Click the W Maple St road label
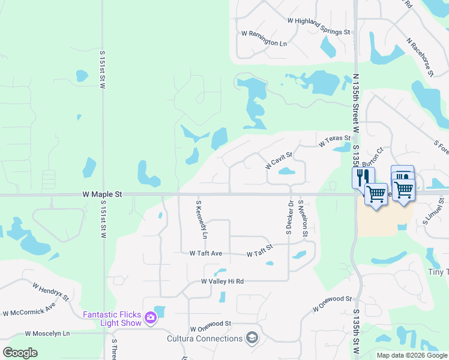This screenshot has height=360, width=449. [x=101, y=194]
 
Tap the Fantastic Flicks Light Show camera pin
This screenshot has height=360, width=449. [x=151, y=318]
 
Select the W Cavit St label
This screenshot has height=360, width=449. [x=279, y=160]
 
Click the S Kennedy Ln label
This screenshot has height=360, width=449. [x=201, y=220]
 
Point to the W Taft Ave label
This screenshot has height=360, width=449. [x=206, y=254]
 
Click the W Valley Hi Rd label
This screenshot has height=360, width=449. [x=222, y=281]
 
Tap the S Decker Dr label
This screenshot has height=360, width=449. [x=290, y=217]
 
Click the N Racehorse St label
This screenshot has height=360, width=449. [x=420, y=58]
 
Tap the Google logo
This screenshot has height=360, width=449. [x=20, y=353]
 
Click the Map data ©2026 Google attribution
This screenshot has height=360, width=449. [x=412, y=355]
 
